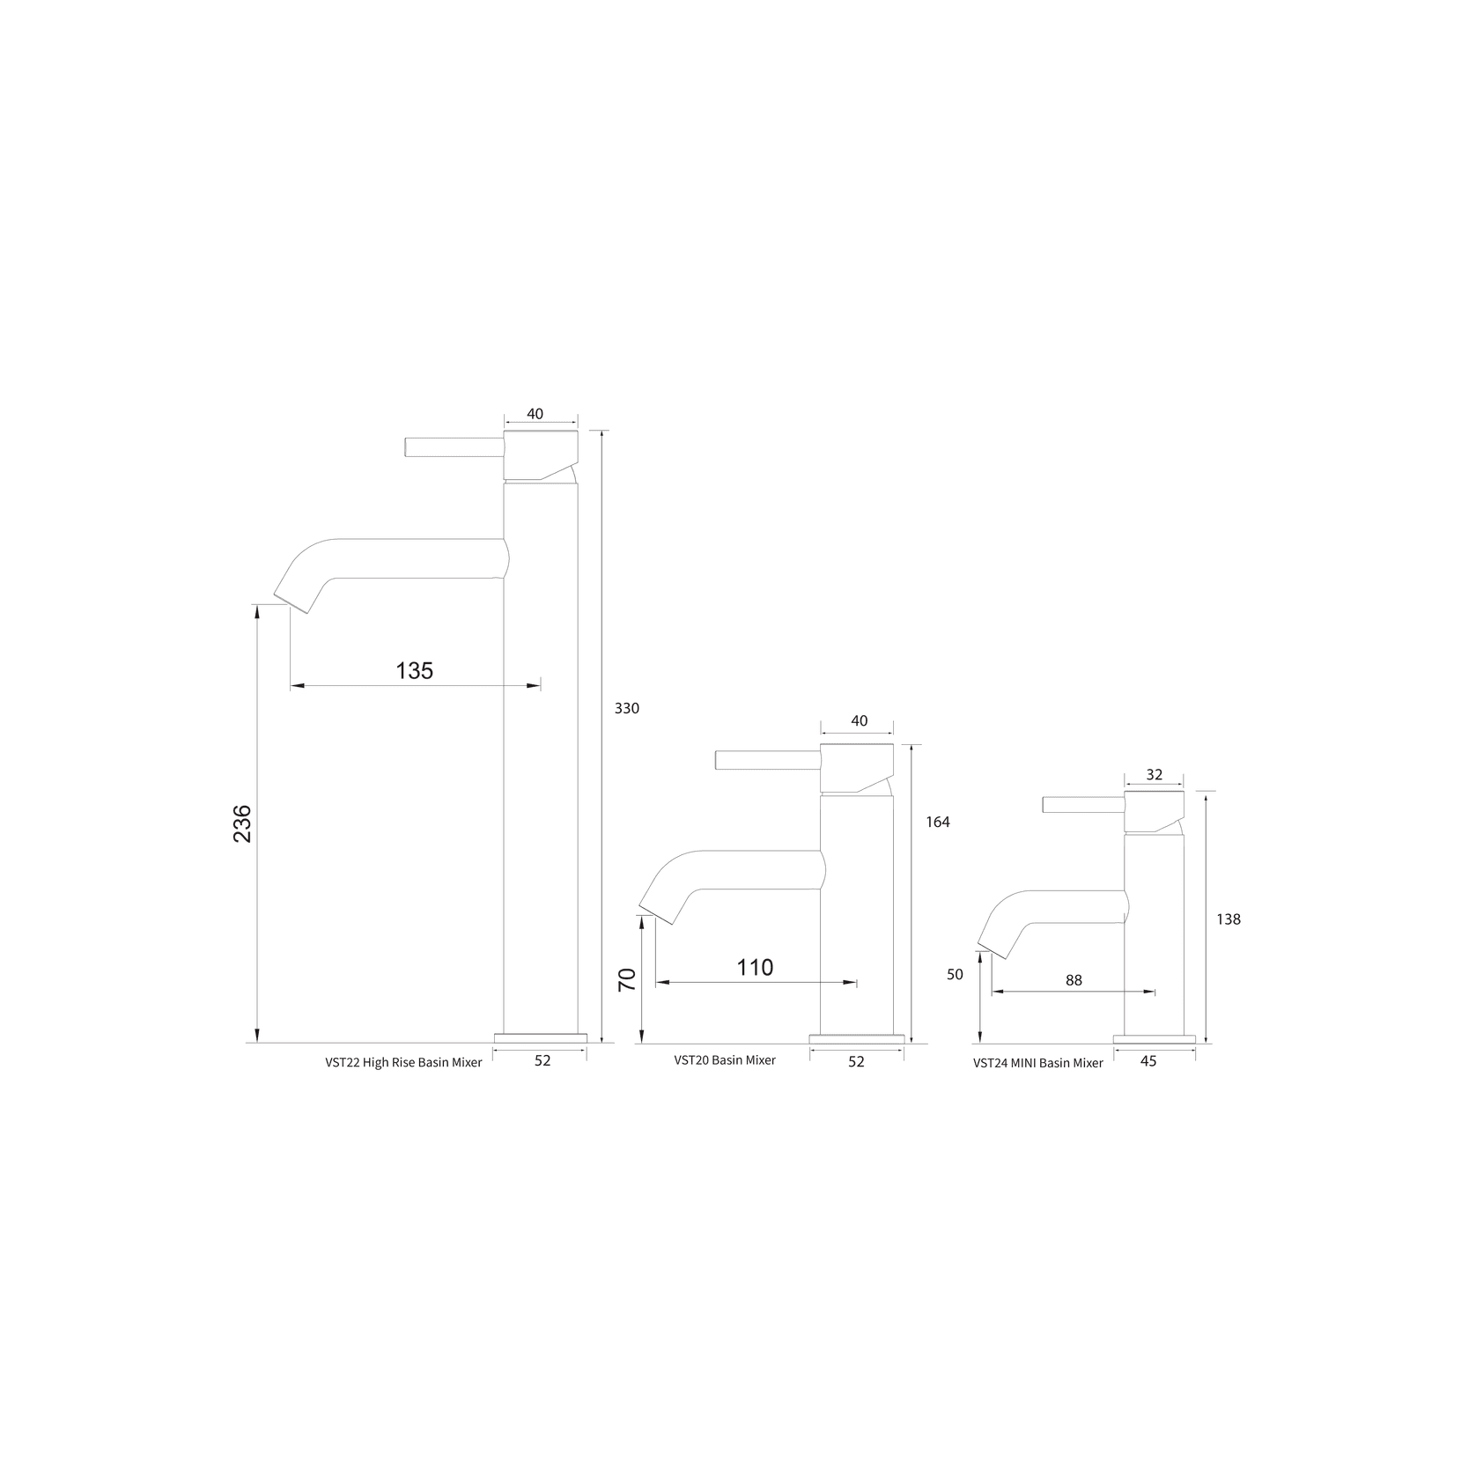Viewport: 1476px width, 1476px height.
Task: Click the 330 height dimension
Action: coord(626,708)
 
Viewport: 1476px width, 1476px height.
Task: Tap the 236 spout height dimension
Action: coord(242,823)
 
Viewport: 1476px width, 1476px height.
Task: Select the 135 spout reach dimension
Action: coord(415,671)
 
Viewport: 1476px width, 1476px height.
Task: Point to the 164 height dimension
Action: coord(938,822)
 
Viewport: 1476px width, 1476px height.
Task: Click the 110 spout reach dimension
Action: coord(755,968)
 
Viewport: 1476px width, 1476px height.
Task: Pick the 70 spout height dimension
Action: coord(628,980)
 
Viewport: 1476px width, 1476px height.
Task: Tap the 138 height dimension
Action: coord(1228,919)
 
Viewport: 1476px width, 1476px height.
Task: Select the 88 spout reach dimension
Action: coord(1074,980)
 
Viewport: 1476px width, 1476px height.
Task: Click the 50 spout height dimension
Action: coord(956,975)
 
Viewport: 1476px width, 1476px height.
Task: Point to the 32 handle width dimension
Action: coord(1155,775)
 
